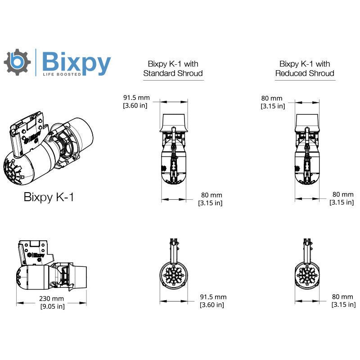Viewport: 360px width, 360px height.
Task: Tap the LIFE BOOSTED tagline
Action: coord(62,74)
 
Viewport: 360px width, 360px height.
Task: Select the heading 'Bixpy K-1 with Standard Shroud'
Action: coord(173,68)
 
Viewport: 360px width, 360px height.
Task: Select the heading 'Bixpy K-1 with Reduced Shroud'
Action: coord(305,68)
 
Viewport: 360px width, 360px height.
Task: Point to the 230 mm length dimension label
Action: coord(51,298)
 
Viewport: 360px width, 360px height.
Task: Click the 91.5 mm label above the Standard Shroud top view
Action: coord(136,98)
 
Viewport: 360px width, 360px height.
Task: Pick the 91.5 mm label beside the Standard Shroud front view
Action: coord(213,297)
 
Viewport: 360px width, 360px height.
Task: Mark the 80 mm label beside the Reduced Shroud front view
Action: coord(342,297)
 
